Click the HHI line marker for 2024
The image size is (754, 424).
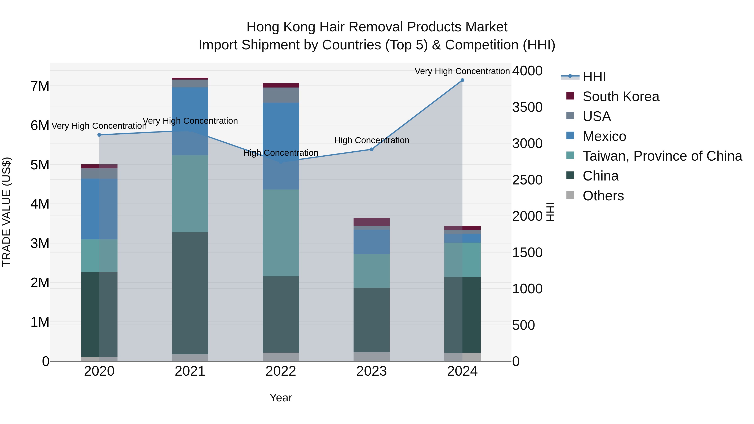[462, 80]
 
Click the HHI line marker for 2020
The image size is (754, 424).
[99, 135]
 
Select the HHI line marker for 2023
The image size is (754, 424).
[371, 149]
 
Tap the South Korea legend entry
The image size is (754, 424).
[621, 97]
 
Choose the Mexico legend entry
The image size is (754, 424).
[604, 136]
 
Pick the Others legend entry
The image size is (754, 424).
[603, 196]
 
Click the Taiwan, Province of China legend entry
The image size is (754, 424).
[662, 156]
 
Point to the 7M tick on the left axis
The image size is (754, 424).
[40, 86]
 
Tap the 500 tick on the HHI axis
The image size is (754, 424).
[523, 325]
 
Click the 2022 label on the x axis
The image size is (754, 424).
[281, 371]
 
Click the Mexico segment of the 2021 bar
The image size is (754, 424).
[190, 121]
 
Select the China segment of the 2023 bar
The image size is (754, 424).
[371, 320]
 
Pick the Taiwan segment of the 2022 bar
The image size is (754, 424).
[281, 233]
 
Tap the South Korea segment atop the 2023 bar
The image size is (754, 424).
[371, 222]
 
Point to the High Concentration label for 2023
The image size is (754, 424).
[371, 140]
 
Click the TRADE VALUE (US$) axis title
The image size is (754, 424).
[6, 212]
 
